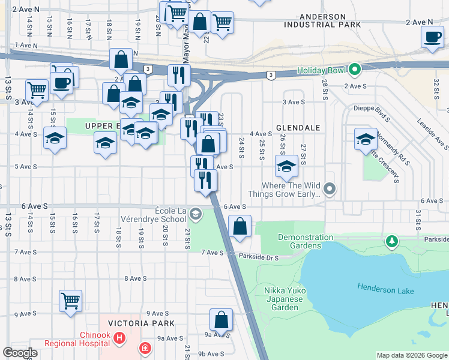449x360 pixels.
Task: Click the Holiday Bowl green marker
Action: pos(354,70)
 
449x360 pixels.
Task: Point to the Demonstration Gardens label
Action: pos(305,241)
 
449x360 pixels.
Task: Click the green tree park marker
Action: pos(392,241)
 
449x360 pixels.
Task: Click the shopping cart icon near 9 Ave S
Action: pos(71,300)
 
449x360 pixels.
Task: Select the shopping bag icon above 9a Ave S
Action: pos(221,319)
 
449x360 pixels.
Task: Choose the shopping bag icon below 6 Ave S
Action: pos(240,227)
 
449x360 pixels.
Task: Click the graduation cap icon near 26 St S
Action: pos(286,166)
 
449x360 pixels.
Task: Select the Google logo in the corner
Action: pos(20,353)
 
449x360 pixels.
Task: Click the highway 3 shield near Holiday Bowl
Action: pos(271,74)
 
